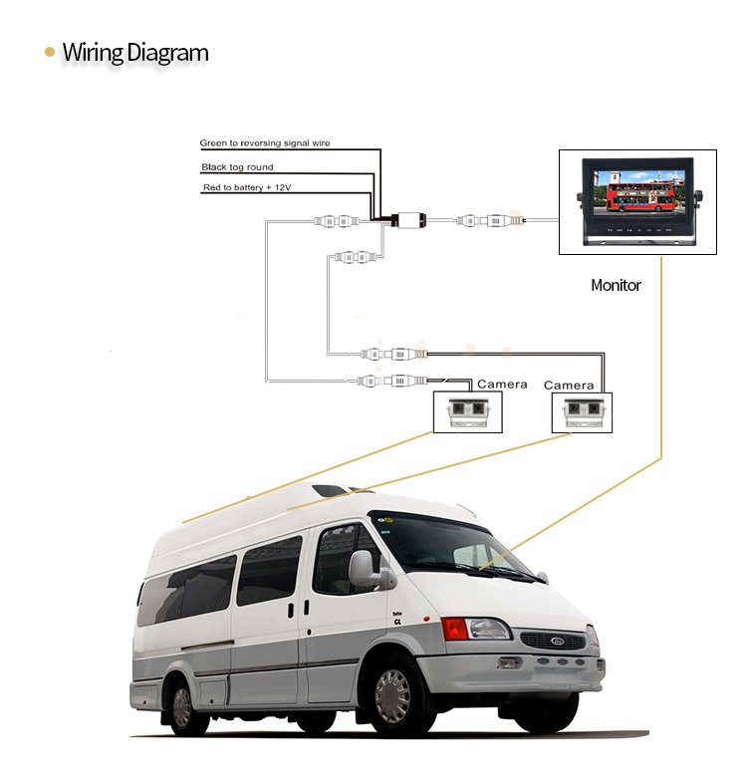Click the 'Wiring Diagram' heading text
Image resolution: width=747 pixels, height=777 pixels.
(x=135, y=53)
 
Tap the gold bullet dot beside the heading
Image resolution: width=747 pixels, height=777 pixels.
(x=50, y=52)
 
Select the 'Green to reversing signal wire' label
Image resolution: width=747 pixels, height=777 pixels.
(x=265, y=142)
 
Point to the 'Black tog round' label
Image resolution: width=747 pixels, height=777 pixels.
(x=237, y=167)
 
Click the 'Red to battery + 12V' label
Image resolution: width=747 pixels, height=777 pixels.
(x=247, y=187)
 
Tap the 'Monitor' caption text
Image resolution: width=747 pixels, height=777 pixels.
(x=616, y=285)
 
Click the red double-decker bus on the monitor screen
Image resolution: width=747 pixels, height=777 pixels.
(x=640, y=196)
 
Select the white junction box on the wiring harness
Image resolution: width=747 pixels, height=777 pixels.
(x=410, y=219)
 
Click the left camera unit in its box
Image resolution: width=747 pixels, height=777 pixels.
(x=468, y=412)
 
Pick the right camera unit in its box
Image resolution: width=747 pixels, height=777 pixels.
(x=583, y=412)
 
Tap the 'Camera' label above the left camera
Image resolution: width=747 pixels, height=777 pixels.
(x=502, y=385)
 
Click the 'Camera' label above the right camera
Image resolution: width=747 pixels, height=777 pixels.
(x=568, y=386)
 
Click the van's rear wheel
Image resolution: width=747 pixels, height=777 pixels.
(x=182, y=707)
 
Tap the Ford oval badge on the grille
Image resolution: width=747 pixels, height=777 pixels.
(x=558, y=641)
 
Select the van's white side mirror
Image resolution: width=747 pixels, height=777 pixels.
(x=363, y=570)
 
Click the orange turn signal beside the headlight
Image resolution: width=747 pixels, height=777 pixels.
(x=454, y=629)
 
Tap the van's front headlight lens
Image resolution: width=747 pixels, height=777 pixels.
(x=488, y=630)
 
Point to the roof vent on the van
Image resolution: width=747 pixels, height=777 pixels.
(x=331, y=490)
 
